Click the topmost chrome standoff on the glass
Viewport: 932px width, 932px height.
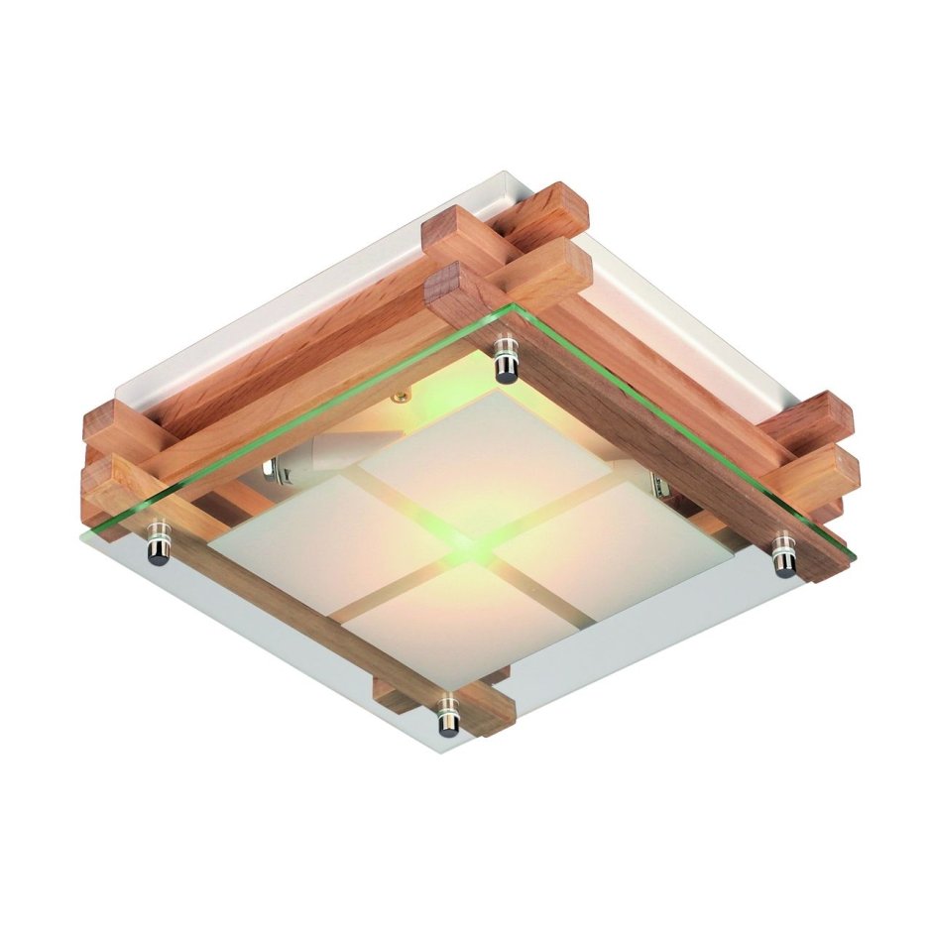point(506,358)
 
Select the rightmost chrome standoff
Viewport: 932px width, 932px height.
point(783,555)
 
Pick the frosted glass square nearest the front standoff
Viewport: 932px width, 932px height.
point(446,625)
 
